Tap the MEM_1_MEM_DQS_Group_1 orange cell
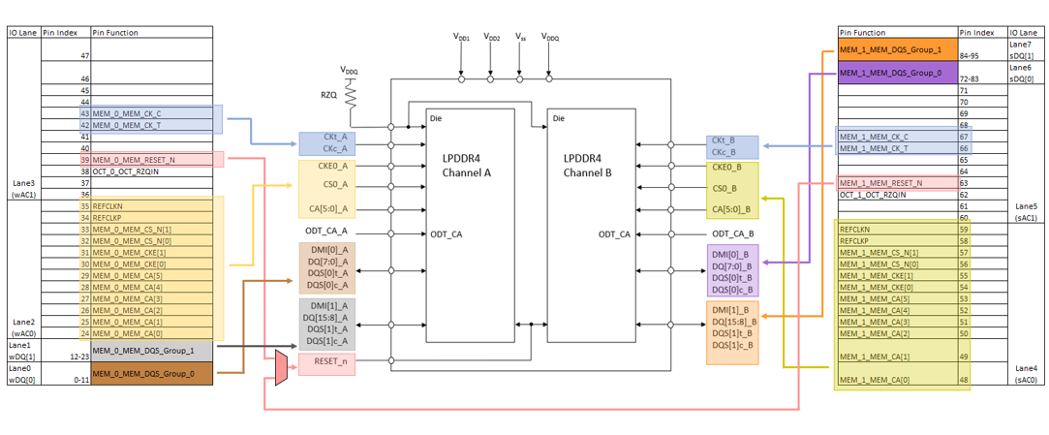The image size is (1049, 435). click(896, 50)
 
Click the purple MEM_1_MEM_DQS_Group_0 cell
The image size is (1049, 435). click(896, 74)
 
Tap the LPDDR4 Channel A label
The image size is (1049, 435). click(468, 165)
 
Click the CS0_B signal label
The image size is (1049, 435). click(725, 189)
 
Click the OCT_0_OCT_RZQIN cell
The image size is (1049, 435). click(132, 171)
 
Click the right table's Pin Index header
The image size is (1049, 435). click(980, 32)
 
